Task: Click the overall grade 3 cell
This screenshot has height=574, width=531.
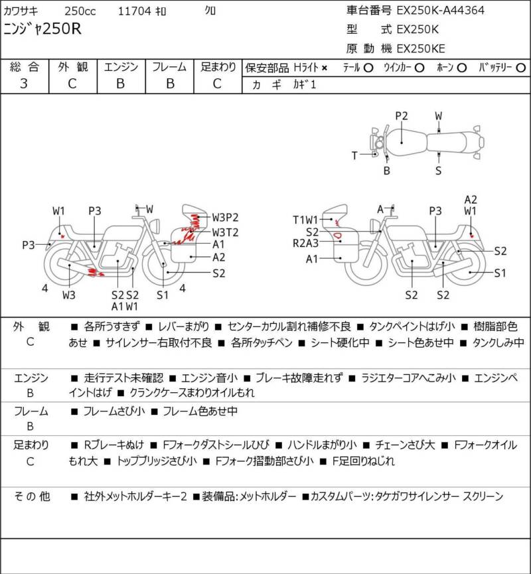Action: click(x=24, y=84)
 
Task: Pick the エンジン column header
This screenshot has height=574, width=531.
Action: click(x=121, y=67)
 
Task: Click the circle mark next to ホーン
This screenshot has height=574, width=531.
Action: click(x=462, y=68)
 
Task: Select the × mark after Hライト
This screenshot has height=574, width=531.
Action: click(x=325, y=68)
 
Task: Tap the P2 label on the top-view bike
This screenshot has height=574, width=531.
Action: click(x=402, y=115)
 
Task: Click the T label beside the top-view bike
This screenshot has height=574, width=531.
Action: click(x=354, y=155)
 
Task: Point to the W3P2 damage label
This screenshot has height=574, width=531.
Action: click(x=225, y=218)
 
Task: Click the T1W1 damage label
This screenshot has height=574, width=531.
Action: click(x=305, y=220)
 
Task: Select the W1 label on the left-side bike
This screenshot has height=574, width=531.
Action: click(x=60, y=211)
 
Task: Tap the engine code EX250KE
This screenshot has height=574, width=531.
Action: click(x=421, y=48)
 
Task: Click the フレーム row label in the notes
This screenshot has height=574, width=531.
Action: click(x=31, y=411)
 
